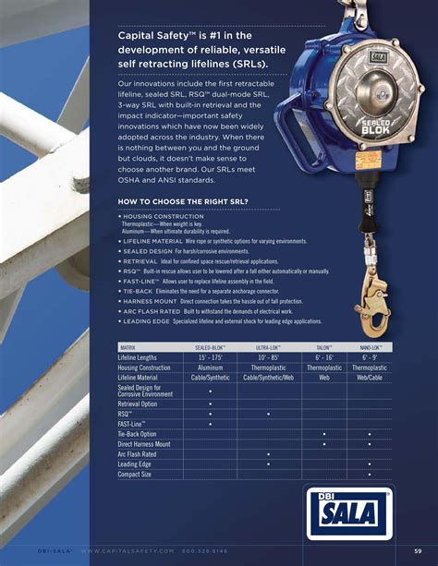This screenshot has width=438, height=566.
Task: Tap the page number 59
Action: point(418,551)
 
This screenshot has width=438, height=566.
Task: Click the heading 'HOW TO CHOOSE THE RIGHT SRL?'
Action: point(183,201)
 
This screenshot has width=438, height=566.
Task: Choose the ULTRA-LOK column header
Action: point(268,346)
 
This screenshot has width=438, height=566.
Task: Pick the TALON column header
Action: point(324,346)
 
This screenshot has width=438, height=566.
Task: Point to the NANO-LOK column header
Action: point(370,346)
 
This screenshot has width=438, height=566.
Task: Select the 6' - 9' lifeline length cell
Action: point(370,356)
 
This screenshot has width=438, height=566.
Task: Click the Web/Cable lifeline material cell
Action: point(370,378)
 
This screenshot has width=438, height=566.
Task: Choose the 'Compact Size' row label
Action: point(135,475)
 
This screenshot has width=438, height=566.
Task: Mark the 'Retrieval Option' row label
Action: point(138,404)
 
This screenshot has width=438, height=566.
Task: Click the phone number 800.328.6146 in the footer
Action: point(204,551)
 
